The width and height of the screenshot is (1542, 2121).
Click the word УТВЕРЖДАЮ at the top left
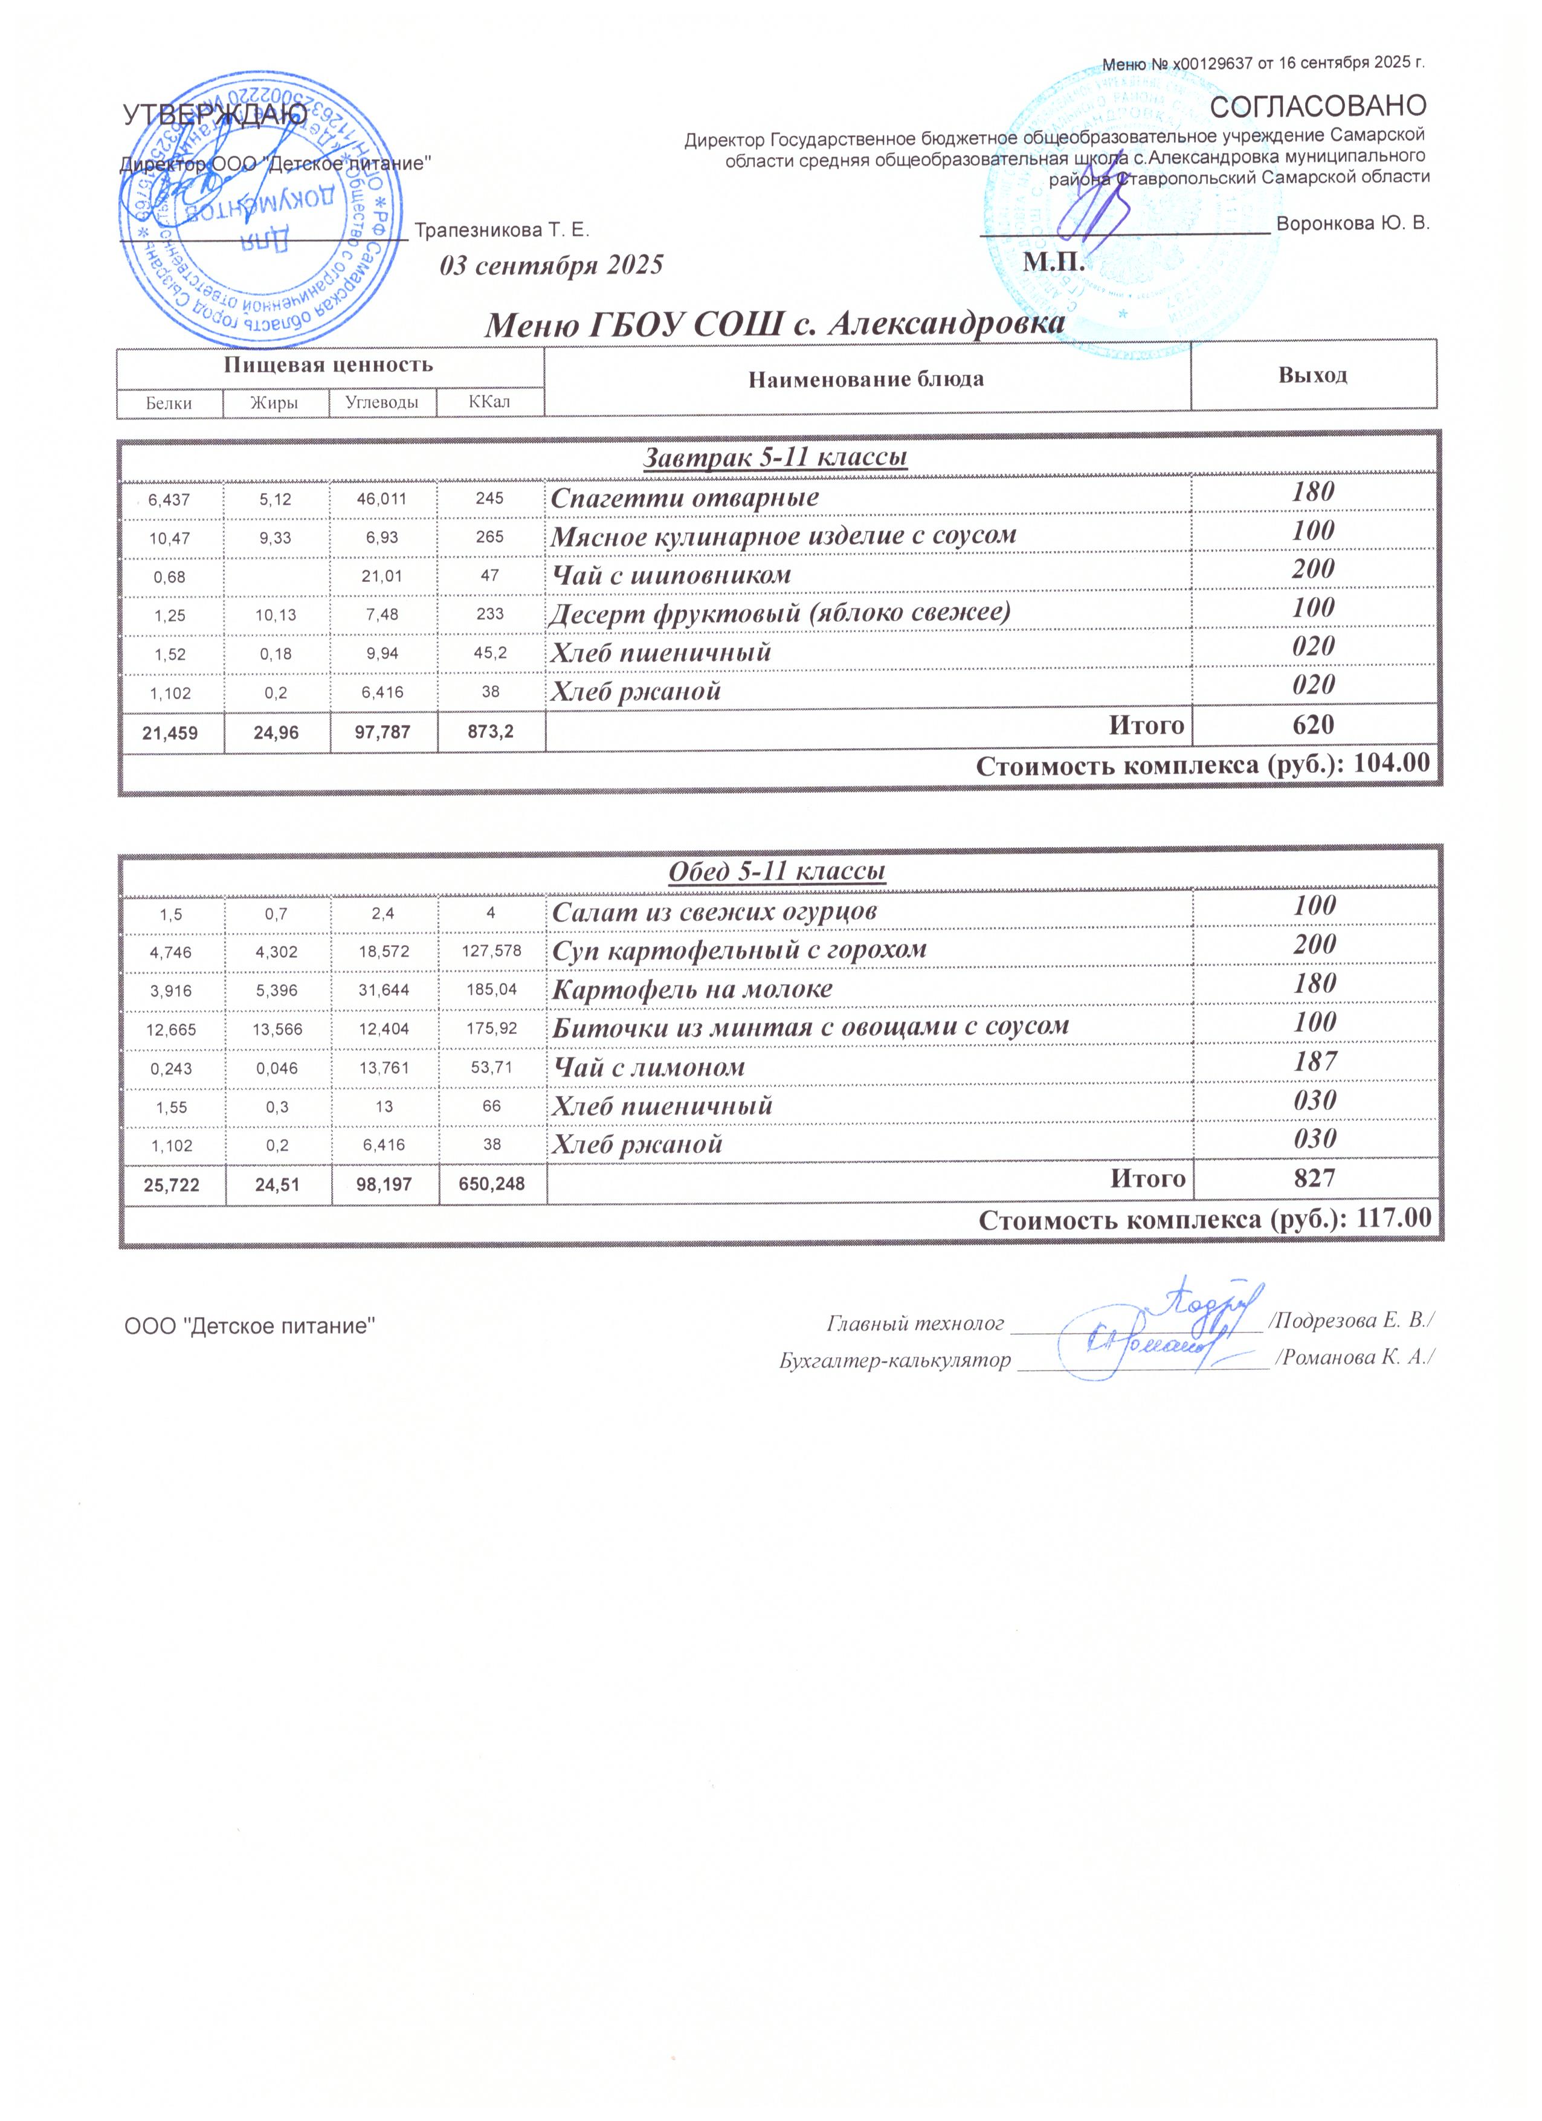[x=215, y=115]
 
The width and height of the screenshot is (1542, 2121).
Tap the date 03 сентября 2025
[x=552, y=265]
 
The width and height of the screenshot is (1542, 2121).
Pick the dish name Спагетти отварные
[x=685, y=497]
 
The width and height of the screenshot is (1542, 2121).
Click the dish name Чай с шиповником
[x=671, y=575]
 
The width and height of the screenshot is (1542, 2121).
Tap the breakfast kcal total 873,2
[x=490, y=732]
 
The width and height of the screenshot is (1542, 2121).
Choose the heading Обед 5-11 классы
[x=777, y=871]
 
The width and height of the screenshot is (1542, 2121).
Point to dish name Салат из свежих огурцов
[x=714, y=911]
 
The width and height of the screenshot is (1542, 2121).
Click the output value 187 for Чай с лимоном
[x=1315, y=1060]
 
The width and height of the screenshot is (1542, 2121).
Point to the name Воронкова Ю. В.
[x=1352, y=224]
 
